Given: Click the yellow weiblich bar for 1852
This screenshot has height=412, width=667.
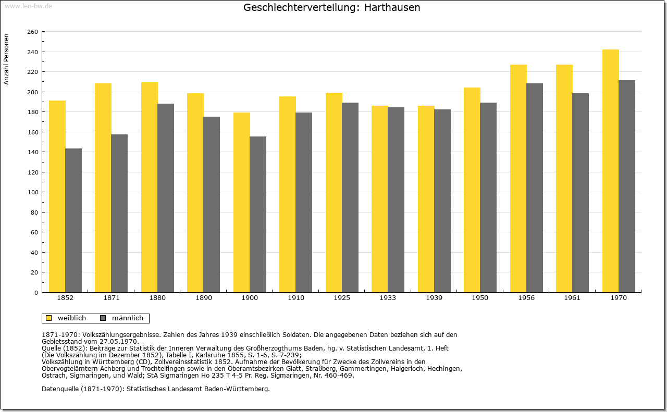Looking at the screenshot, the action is click(x=57, y=196).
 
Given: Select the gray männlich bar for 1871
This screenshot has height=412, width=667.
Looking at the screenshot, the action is click(x=119, y=214).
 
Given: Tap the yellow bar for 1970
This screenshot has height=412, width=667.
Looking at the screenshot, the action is click(x=610, y=171).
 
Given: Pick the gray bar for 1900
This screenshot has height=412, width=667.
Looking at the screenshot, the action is click(x=258, y=215).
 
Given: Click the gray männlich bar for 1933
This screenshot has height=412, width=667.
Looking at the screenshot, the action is click(x=396, y=199).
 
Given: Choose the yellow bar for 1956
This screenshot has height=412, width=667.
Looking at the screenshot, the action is click(x=518, y=178).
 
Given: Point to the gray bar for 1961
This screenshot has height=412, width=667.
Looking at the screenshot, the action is click(x=580, y=193).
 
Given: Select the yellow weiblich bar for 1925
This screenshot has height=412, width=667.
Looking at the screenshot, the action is click(x=334, y=193).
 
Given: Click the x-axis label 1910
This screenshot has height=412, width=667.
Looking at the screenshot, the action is click(x=296, y=298).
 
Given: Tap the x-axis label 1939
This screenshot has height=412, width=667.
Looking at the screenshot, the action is click(x=434, y=298).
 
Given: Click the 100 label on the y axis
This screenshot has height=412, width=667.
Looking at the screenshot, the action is click(x=32, y=192).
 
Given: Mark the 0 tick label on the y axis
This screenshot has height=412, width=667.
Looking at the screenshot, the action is click(x=36, y=293).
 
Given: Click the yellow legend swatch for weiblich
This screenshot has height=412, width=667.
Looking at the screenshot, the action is click(x=49, y=318).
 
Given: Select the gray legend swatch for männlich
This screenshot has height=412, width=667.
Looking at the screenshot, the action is click(x=103, y=318).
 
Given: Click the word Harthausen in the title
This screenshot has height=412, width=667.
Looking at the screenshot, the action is click(x=392, y=7).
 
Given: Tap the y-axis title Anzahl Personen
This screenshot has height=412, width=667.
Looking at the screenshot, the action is click(x=6, y=59).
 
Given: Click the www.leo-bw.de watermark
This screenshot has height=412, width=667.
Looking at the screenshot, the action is click(x=28, y=6).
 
